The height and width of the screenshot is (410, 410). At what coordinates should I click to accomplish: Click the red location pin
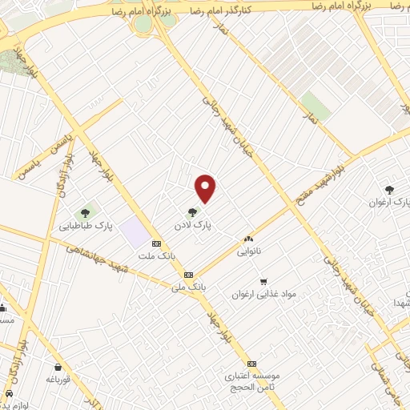pos(206,188)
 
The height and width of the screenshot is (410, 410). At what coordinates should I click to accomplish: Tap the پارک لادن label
pos(195,227)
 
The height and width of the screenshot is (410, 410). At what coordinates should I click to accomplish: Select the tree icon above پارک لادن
pos(191,213)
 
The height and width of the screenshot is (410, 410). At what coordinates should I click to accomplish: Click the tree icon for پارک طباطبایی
pos(85,213)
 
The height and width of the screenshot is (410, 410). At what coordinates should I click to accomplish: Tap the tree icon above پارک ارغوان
pos(389,190)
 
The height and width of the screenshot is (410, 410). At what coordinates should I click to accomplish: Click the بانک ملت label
pos(155,256)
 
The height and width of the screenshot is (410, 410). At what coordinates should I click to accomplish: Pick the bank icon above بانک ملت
pos(155,243)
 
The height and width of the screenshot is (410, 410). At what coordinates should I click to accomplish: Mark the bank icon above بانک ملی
pos(189,275)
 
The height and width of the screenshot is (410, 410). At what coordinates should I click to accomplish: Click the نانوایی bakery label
pos(248,251)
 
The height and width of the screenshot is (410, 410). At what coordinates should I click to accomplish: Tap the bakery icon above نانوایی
pos(248,239)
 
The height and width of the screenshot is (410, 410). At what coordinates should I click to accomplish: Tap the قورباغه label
pos(59,379)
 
